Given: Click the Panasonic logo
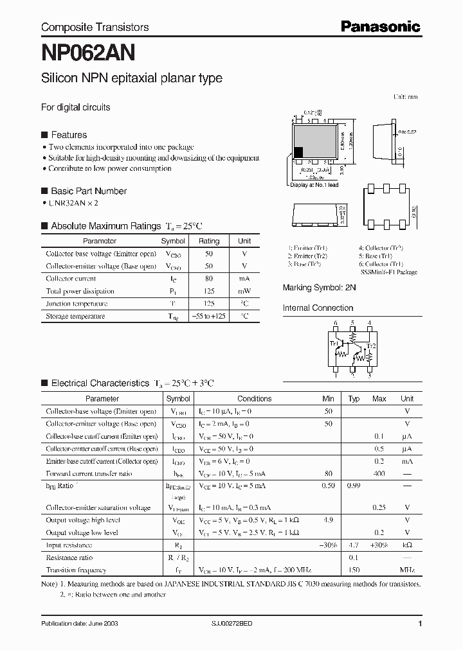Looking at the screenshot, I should click(x=379, y=26).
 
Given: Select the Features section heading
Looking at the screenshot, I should click(x=68, y=135).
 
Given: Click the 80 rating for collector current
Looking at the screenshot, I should click(x=208, y=279).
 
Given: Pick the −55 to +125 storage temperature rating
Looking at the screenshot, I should click(x=208, y=316).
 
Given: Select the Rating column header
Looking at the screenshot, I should click(x=208, y=241).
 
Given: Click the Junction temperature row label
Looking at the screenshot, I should click(x=77, y=304).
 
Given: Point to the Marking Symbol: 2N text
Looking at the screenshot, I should click(x=320, y=288).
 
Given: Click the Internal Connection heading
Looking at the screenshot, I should click(x=318, y=308).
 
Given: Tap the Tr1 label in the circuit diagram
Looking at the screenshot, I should click(x=334, y=344).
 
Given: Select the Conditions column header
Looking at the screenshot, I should click(x=255, y=399).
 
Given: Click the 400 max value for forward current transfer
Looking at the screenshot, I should click(x=379, y=473).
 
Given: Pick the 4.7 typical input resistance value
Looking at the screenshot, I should click(x=354, y=545).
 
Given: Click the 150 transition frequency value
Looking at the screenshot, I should click(x=354, y=570).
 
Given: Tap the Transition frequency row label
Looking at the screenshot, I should click(x=76, y=570).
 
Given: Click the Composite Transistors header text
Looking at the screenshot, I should click(x=95, y=27).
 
